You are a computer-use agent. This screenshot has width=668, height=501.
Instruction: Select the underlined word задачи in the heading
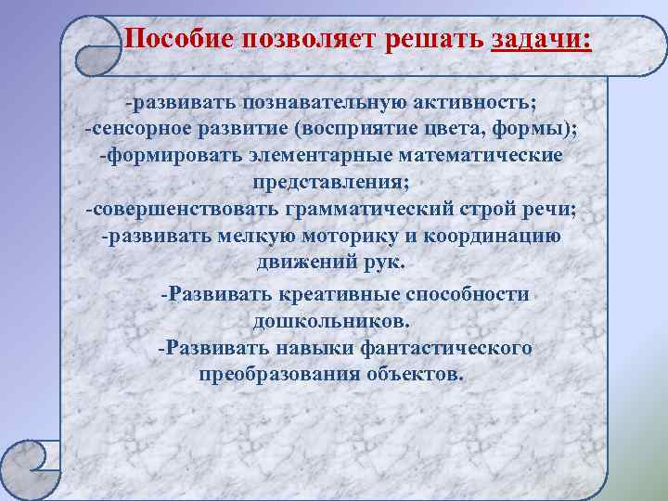point(541,40)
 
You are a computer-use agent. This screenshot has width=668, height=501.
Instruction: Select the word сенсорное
point(135,127)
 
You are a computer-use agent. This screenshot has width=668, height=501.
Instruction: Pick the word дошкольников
point(329,321)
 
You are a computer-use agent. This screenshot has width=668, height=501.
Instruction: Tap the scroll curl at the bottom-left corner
point(31,464)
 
